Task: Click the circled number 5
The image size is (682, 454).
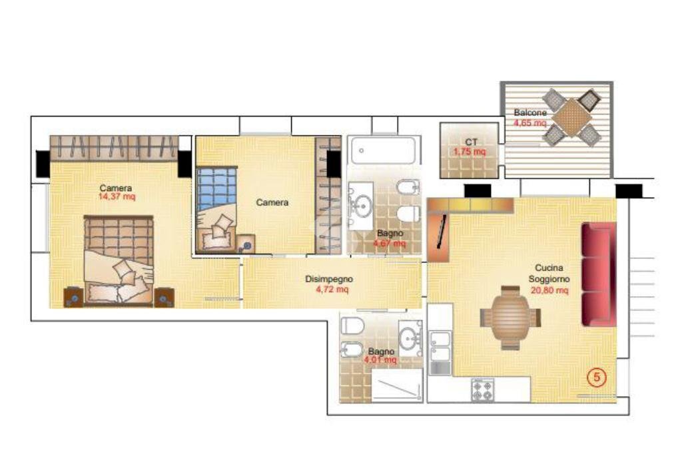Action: [597, 377]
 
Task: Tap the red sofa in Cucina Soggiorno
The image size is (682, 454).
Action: [598, 274]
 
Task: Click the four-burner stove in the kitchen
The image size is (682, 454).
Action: [482, 389]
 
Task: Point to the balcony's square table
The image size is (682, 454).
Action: [571, 117]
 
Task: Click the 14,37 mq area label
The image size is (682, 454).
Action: [117, 197]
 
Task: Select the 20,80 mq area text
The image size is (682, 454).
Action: [549, 290]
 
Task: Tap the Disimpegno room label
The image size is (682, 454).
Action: [329, 280]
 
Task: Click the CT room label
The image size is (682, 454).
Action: [471, 142]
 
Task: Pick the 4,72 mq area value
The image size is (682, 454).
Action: [332, 290]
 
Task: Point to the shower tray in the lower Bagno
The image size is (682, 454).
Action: [396, 385]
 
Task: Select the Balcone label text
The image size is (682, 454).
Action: [530, 113]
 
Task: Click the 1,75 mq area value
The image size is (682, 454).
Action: [470, 152]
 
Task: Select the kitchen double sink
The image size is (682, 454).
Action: [440, 346]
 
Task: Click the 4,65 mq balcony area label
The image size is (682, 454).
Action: [530, 122]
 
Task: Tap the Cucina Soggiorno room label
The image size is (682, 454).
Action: [549, 274]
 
